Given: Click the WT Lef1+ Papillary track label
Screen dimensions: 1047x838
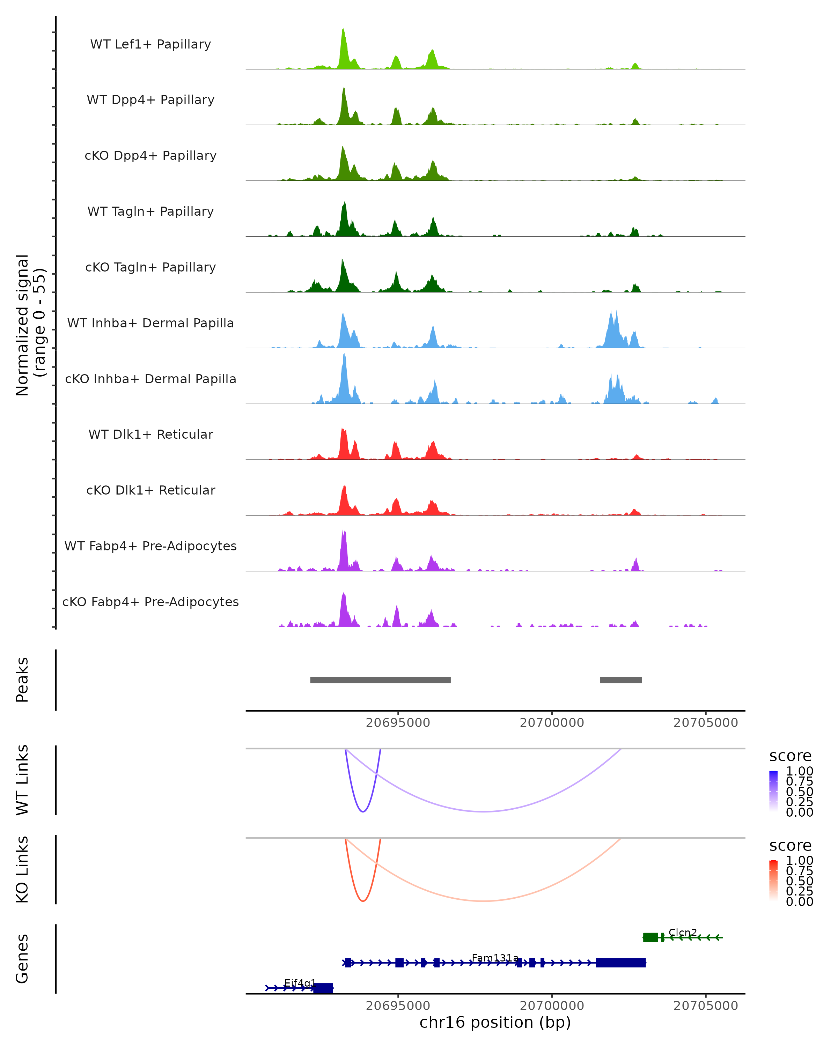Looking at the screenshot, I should (150, 44).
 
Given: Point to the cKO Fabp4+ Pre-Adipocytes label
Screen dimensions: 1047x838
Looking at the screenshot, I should (150, 602).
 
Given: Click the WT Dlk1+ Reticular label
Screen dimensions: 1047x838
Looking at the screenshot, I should (150, 434).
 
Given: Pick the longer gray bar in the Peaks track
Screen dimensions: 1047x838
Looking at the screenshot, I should (380, 680).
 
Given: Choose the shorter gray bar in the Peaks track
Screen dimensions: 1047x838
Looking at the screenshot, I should (621, 680).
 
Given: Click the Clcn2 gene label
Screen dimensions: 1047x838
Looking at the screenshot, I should (683, 933).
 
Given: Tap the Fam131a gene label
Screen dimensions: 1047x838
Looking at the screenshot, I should (495, 958).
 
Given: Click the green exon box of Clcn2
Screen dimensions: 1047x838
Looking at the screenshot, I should (650, 937).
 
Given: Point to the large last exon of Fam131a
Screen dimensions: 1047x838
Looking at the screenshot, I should (621, 963).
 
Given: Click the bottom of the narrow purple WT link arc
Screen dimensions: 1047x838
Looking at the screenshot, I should (363, 811).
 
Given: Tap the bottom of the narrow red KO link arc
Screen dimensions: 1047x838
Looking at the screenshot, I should (363, 901).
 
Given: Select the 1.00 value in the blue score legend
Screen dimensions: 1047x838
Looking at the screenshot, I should (799, 771).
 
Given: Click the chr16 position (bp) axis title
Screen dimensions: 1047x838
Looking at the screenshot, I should (495, 1023).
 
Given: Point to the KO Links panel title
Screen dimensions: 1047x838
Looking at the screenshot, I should (22, 869).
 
